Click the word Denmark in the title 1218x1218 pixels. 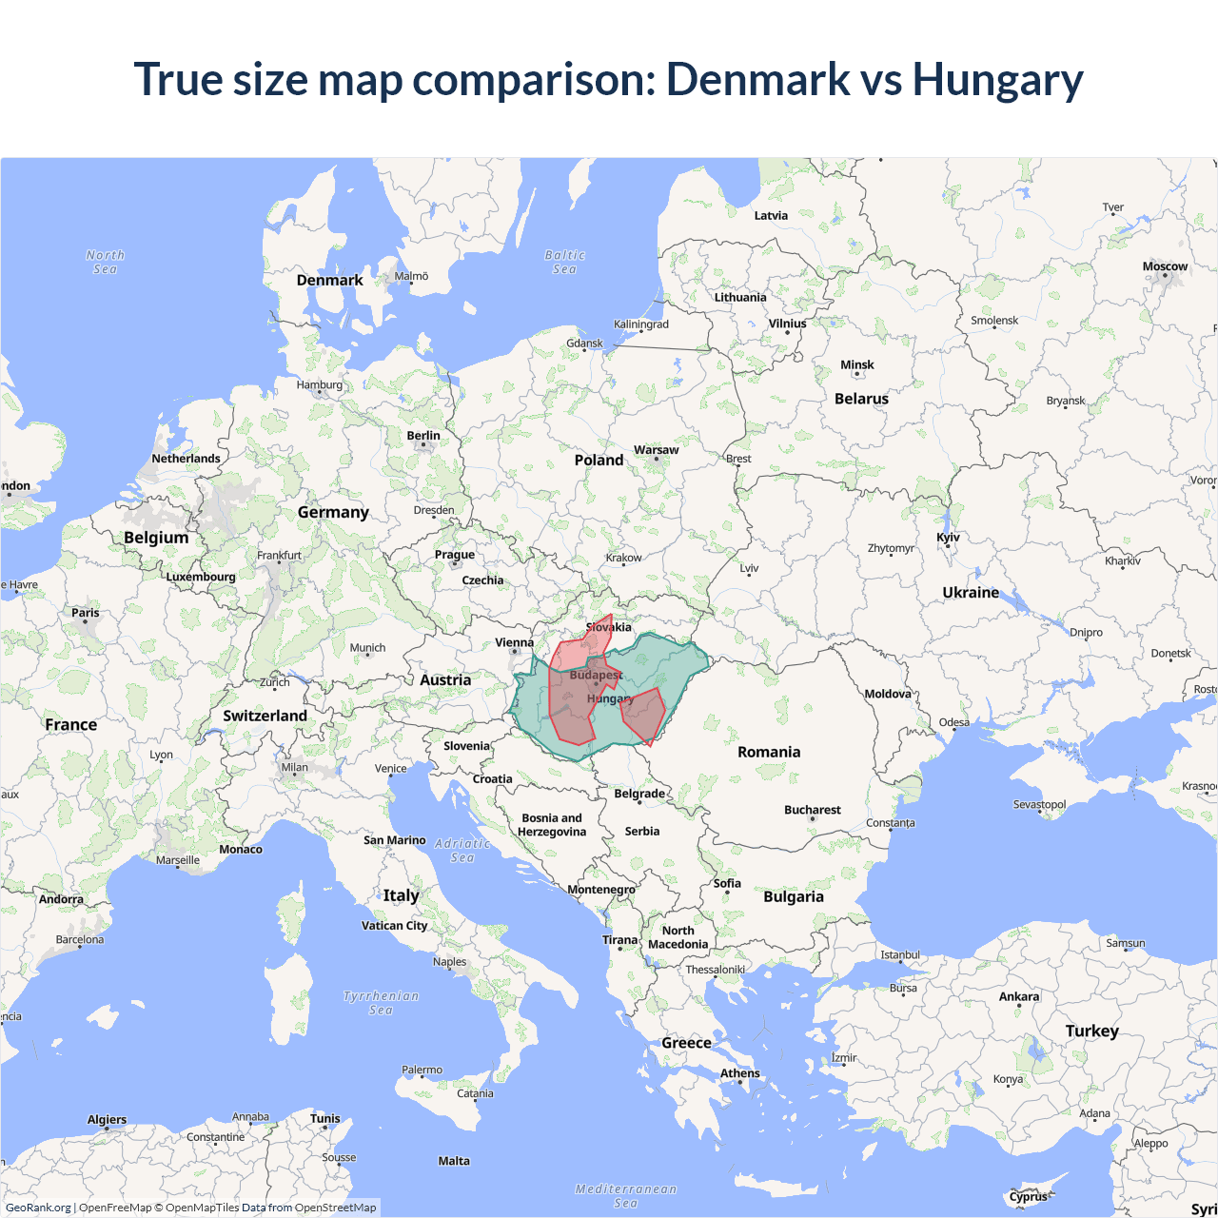tap(757, 79)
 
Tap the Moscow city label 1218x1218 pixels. tap(1165, 266)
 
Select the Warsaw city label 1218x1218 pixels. tap(656, 450)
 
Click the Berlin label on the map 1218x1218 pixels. tap(423, 436)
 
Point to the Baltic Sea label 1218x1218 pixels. tap(564, 262)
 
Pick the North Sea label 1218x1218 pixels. tap(105, 262)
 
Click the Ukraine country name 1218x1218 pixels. tap(971, 592)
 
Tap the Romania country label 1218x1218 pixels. tap(769, 752)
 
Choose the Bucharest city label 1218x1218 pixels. tap(812, 810)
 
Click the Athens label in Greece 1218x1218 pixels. tap(739, 1073)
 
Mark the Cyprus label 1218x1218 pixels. tap(1028, 1197)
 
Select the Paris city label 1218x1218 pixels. tap(86, 613)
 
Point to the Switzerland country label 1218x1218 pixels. tap(265, 716)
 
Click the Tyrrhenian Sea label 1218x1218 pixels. tap(381, 1003)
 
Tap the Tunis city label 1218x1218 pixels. tap(324, 1119)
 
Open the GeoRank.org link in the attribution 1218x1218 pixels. tap(38, 1208)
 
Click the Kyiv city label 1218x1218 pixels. tap(948, 538)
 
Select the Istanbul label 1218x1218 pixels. tap(899, 954)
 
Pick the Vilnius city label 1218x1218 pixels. tap(787, 324)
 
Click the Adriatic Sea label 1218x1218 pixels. tap(462, 851)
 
